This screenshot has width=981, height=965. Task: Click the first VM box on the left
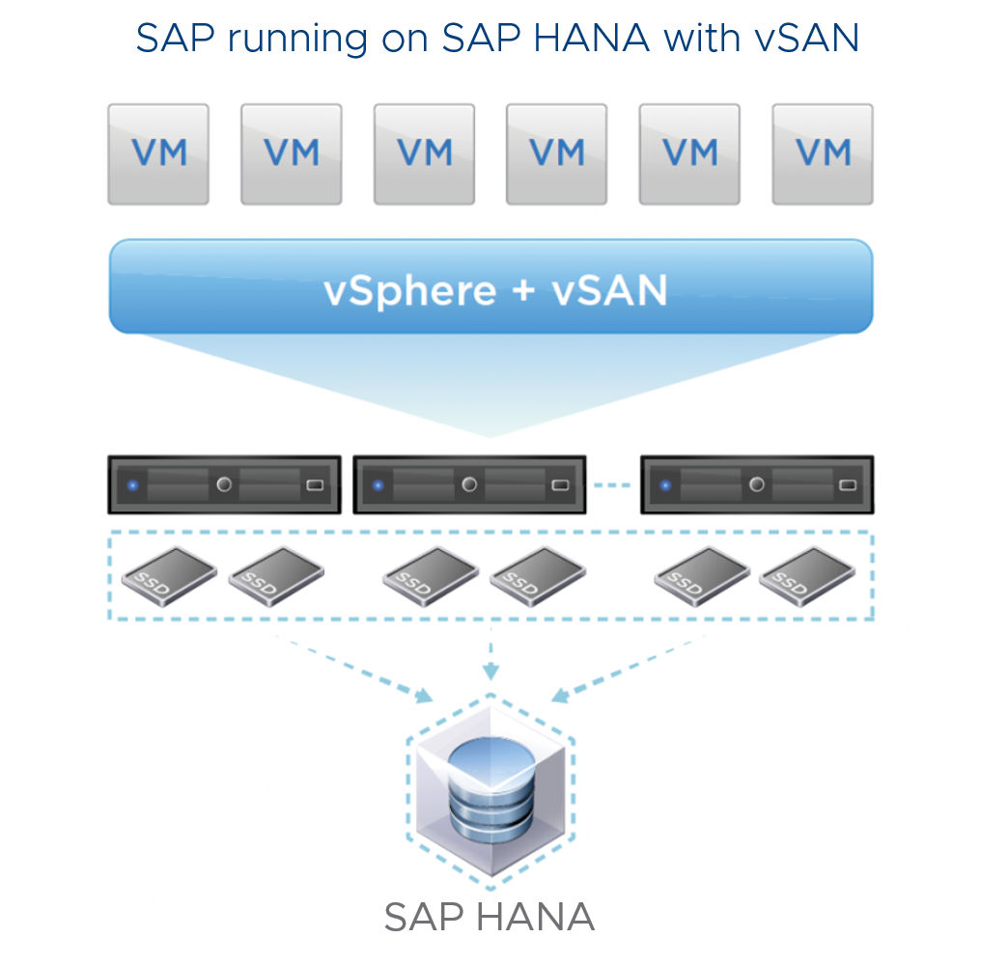(x=158, y=154)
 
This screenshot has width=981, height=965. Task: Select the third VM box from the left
(x=424, y=154)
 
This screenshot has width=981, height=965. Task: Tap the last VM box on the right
(x=823, y=154)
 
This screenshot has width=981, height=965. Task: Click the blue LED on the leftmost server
(x=133, y=484)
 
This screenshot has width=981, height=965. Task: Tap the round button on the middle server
(x=469, y=484)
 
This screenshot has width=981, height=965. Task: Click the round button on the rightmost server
(x=757, y=484)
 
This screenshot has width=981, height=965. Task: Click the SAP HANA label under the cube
(x=490, y=918)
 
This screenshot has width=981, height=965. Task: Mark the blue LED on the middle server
(x=378, y=484)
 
